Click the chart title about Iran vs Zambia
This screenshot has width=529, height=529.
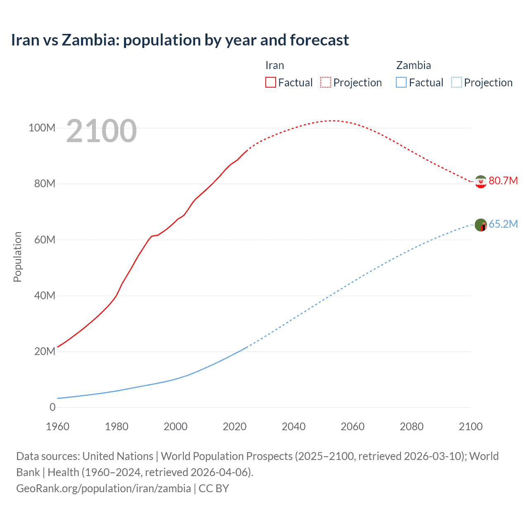point(180,40)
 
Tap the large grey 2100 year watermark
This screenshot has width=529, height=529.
point(101,131)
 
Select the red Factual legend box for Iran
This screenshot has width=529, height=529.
point(270,82)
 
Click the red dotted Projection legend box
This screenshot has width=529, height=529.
point(326,82)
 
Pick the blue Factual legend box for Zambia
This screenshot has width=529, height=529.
point(401,82)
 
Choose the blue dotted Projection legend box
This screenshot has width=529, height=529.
point(456,82)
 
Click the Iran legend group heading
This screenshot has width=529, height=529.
point(274,65)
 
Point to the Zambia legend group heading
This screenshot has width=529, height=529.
point(413,65)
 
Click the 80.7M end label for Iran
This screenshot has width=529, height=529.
point(503,181)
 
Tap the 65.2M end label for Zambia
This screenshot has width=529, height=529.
point(503,224)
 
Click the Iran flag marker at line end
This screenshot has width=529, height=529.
point(481,181)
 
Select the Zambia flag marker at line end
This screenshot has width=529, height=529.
point(481,225)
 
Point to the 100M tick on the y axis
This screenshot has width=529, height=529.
point(42,128)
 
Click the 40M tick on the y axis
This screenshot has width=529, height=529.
point(45,295)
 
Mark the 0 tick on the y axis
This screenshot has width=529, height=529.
point(52,407)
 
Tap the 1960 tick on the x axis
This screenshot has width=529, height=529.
point(57,427)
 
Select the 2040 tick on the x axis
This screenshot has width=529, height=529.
point(293,427)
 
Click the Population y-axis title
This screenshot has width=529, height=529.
point(17,257)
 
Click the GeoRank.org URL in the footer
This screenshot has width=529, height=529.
point(103,488)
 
